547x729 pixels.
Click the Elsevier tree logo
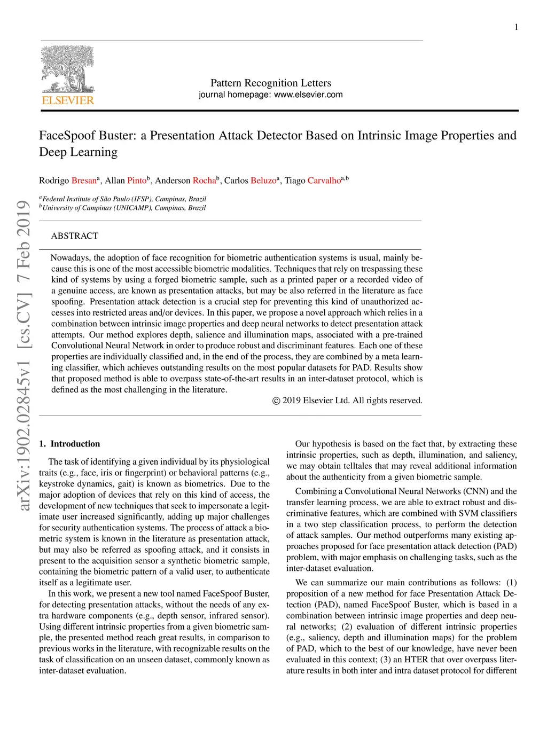(x=67, y=69)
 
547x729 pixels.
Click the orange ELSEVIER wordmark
(x=68, y=100)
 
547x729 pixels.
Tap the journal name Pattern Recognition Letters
(x=270, y=83)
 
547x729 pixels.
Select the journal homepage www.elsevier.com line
(x=270, y=95)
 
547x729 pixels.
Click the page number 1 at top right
(x=516, y=27)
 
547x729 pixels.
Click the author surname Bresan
(x=84, y=181)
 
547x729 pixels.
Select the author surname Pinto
(x=137, y=181)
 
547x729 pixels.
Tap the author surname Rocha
(x=204, y=181)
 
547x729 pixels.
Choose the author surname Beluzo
(x=263, y=181)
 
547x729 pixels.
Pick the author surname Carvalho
(x=324, y=181)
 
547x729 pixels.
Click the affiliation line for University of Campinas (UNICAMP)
(x=123, y=208)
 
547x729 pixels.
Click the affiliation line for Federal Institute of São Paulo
(x=124, y=199)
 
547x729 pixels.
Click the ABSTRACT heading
(x=75, y=236)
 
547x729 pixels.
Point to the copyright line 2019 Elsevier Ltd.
(x=347, y=401)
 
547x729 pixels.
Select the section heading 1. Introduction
(x=69, y=444)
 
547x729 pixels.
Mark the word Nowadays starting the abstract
(x=71, y=258)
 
